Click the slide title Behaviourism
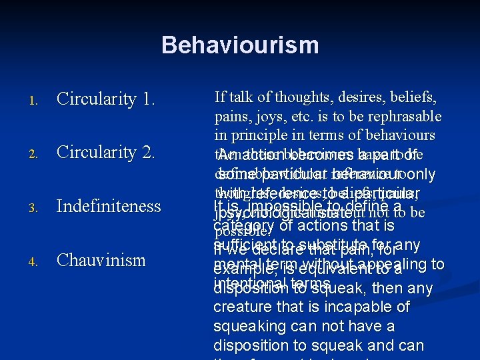tap(240, 45)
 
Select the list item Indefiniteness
tap(109, 206)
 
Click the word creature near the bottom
tap(239, 307)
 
